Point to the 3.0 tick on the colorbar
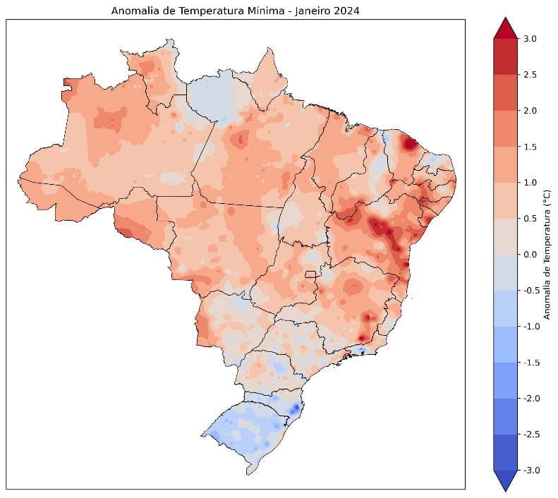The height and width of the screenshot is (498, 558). (531, 39)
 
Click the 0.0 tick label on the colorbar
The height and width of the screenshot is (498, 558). (531, 255)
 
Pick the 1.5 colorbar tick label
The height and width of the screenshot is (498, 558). (531, 147)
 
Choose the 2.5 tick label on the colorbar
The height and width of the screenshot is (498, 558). (531, 75)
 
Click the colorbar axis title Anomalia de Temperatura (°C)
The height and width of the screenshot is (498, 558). (547, 255)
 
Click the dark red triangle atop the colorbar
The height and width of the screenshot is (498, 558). (507, 28)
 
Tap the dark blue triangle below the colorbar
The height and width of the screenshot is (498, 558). (507, 480)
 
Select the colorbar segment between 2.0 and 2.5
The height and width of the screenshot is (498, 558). (507, 92)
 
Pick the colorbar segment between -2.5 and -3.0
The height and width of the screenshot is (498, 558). (507, 452)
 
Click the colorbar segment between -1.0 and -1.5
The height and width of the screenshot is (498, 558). (507, 344)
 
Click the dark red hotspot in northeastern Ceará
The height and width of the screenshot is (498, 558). (409, 144)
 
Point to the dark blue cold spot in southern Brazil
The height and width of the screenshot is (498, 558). (294, 408)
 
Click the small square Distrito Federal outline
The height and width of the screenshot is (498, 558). (309, 274)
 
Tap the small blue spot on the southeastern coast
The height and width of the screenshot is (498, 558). (360, 350)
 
